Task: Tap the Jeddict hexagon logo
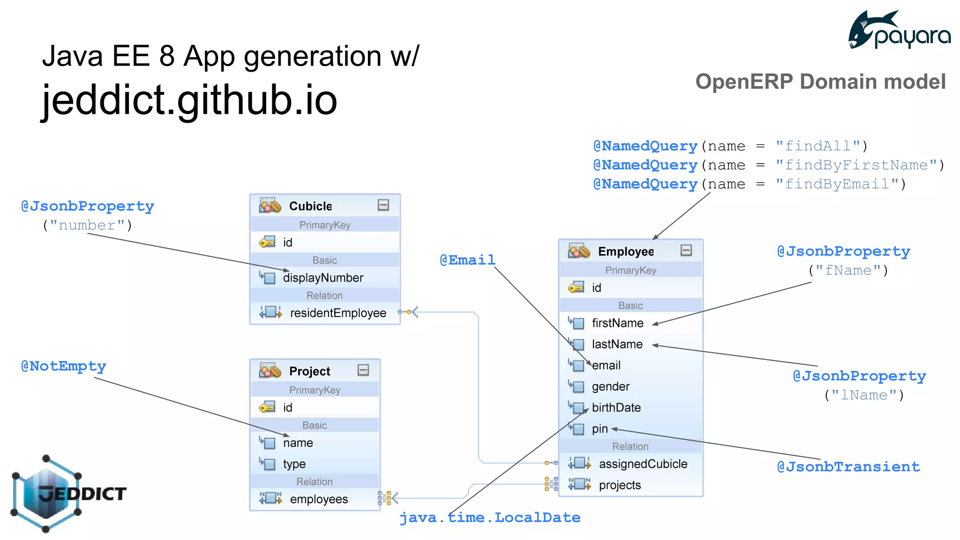pyautogui.click(x=46, y=493)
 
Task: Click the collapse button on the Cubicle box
pyautogui.click(x=383, y=205)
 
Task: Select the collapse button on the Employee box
pyautogui.click(x=686, y=250)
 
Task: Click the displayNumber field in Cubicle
pyautogui.click(x=323, y=278)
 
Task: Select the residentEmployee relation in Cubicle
pyautogui.click(x=338, y=313)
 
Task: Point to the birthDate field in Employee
pyautogui.click(x=616, y=408)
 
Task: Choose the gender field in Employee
pyautogui.click(x=610, y=387)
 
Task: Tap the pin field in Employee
pyautogui.click(x=600, y=429)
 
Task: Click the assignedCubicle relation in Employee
pyautogui.click(x=643, y=464)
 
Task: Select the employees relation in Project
pyautogui.click(x=319, y=499)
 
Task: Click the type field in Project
pyautogui.click(x=294, y=464)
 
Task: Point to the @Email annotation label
pyautogui.click(x=467, y=260)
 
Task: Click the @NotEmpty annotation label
pyautogui.click(x=64, y=366)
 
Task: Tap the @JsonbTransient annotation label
pyautogui.click(x=848, y=467)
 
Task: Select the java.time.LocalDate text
pyautogui.click(x=490, y=517)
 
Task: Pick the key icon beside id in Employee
pyautogui.click(x=576, y=287)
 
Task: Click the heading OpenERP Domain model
pyautogui.click(x=820, y=82)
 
